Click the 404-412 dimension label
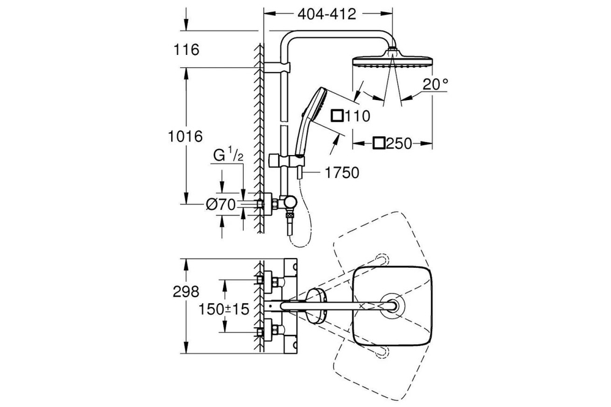point(327,15)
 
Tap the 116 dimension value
point(186,50)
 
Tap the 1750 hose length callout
point(342,173)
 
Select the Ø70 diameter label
point(221,206)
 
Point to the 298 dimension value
point(186,292)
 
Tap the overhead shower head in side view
point(392,61)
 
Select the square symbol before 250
point(379,143)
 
